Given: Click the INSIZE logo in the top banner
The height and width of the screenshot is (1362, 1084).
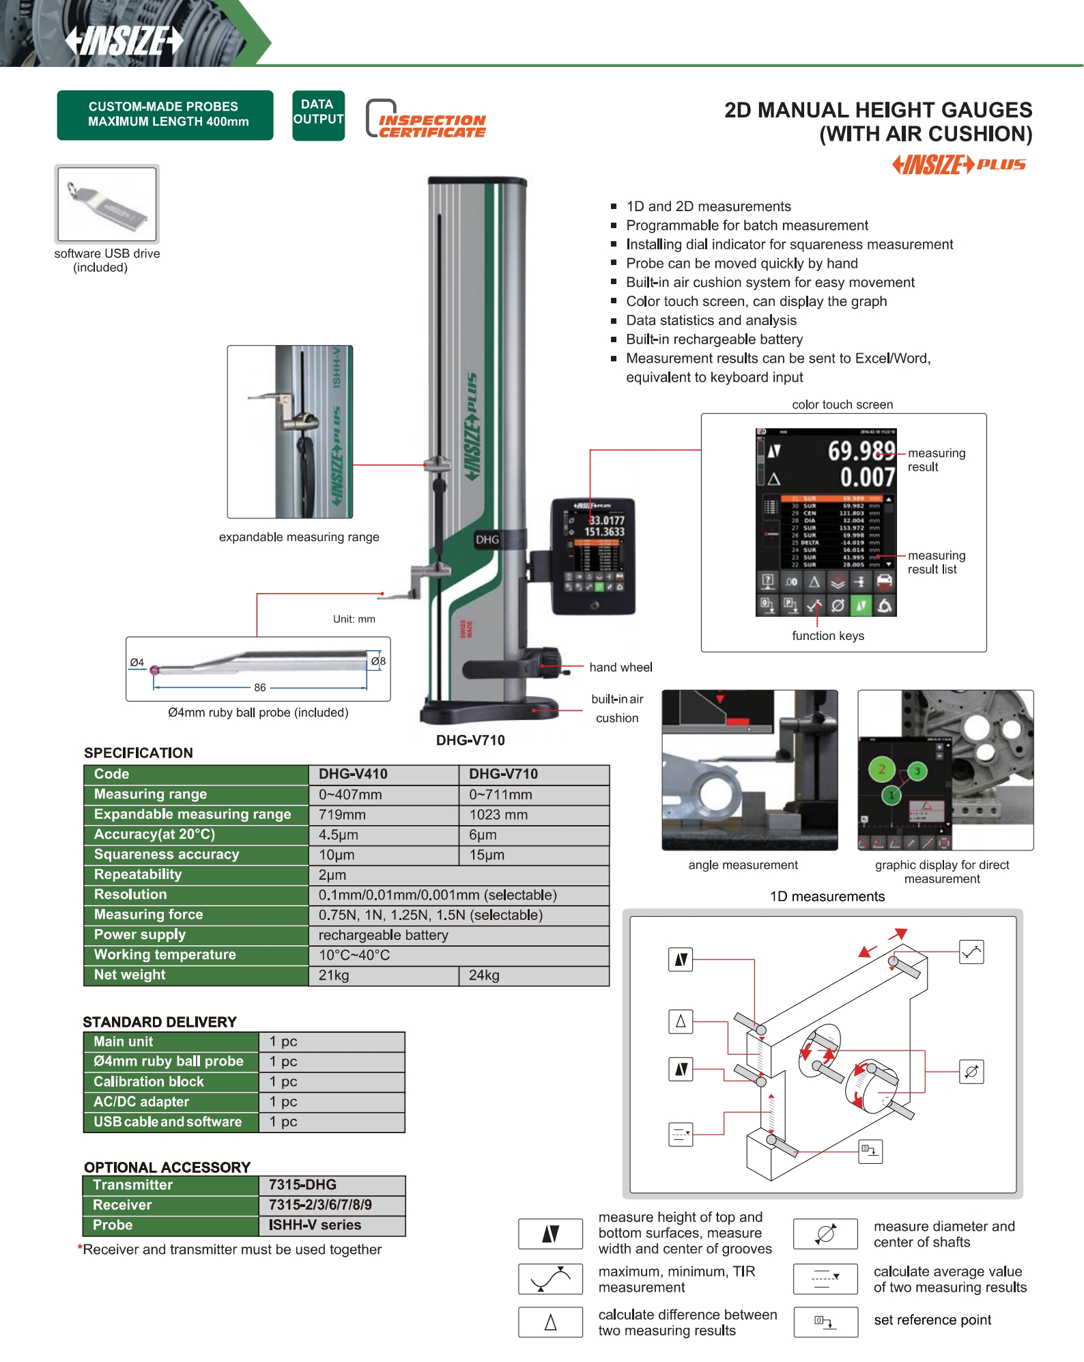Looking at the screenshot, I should click(124, 40).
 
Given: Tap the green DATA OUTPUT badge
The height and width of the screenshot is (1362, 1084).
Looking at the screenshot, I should click(318, 115).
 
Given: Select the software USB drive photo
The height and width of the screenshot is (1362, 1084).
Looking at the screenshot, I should click(107, 204).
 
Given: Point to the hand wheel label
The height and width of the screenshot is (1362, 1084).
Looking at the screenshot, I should click(621, 667).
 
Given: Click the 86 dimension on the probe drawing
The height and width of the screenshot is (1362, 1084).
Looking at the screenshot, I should click(260, 688).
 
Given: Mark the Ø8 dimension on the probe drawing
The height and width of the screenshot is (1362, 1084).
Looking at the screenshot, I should click(378, 661).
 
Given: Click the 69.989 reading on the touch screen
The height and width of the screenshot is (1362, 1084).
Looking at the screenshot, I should click(860, 451).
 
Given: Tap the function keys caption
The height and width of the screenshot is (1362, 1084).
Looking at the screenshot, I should click(827, 636).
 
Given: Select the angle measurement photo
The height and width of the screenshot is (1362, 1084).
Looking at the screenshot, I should click(750, 770).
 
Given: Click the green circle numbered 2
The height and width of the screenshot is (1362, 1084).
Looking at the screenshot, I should click(881, 770).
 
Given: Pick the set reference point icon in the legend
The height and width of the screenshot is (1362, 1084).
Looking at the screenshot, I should click(825, 1322).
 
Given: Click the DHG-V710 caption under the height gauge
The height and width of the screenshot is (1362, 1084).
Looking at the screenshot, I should click(470, 740).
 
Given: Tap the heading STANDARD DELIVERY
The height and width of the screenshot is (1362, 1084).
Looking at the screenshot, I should click(160, 1022).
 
